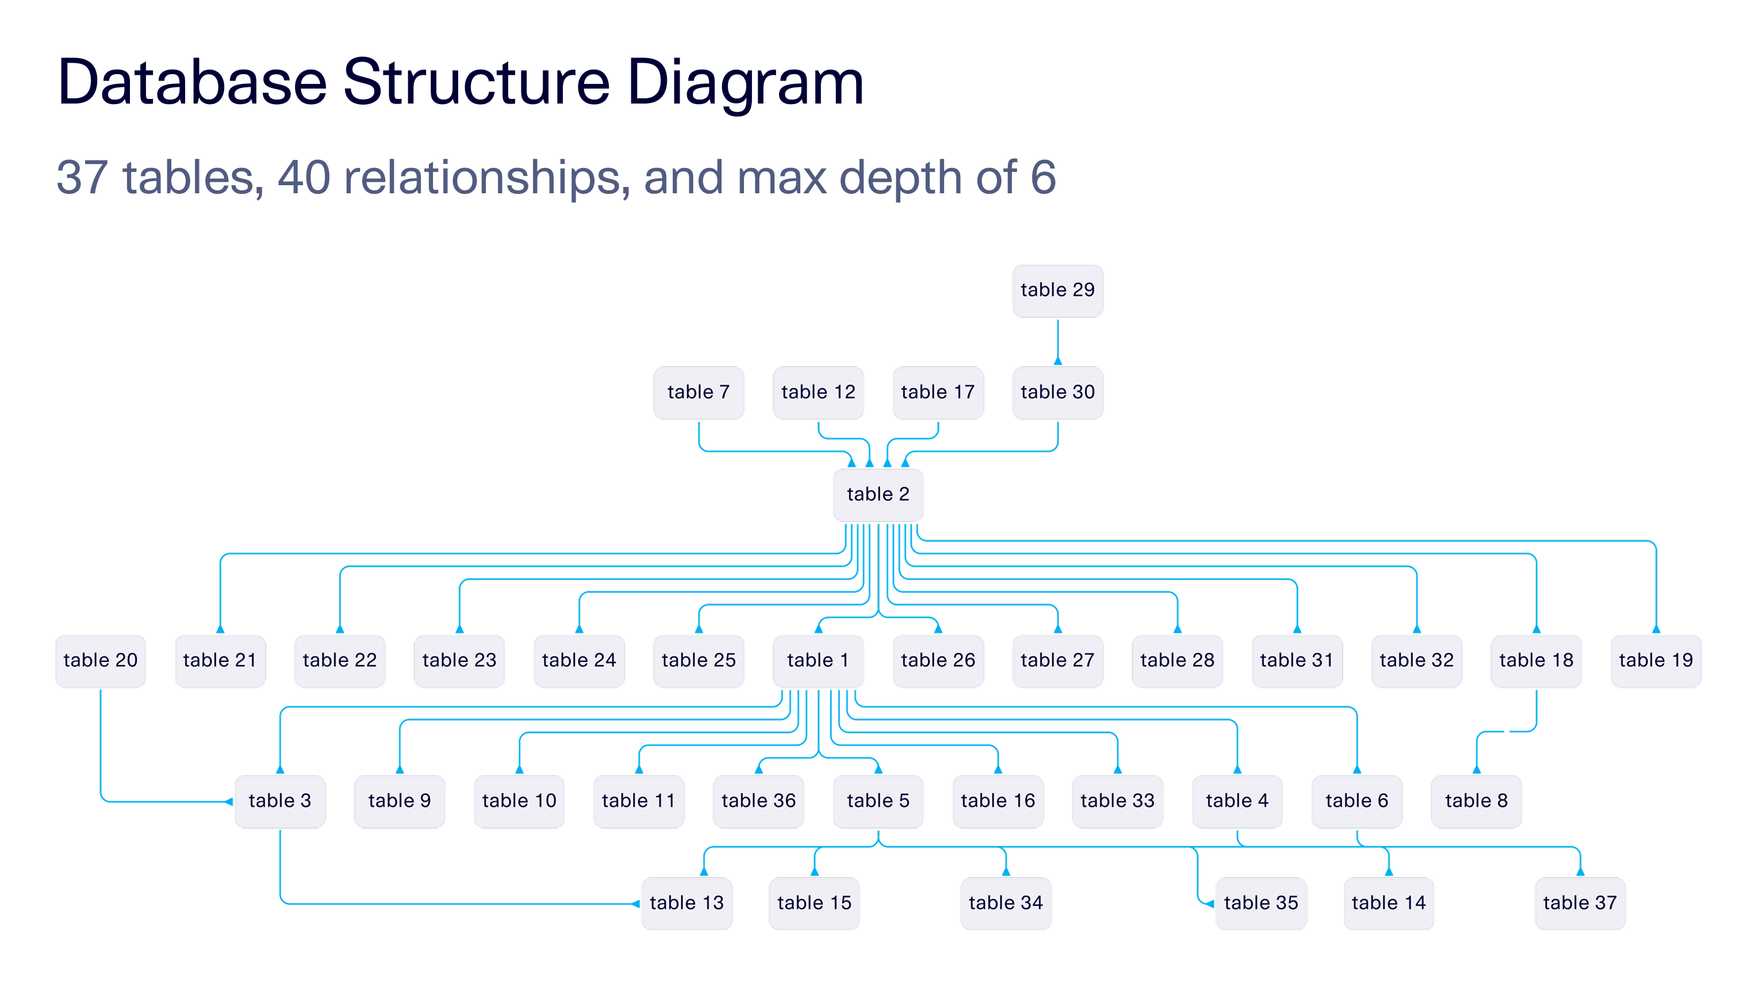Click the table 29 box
(1057, 291)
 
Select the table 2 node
(878, 495)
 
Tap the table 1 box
(818, 660)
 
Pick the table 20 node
(100, 660)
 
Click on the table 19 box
(1655, 660)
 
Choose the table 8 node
(1476, 801)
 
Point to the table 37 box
(1580, 903)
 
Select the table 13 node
(686, 903)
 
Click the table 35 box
(1260, 903)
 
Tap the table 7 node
(699, 392)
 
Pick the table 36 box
(758, 801)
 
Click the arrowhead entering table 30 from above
(1058, 361)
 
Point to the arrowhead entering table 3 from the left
(229, 802)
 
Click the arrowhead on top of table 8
(1476, 770)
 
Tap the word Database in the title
(193, 83)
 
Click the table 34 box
(1006, 903)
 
